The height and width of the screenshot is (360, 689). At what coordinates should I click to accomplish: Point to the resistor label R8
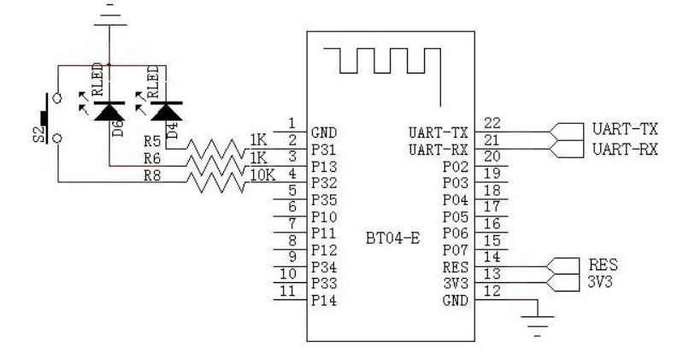(153, 177)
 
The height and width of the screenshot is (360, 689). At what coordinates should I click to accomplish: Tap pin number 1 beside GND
(292, 123)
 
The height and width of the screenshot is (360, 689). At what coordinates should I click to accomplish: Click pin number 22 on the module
(492, 123)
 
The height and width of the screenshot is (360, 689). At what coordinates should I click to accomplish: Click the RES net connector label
(603, 264)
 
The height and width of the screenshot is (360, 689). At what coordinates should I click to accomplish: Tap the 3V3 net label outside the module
(603, 280)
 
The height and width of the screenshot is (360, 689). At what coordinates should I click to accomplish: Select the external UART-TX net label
(624, 131)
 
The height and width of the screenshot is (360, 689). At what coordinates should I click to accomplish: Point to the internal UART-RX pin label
(439, 149)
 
